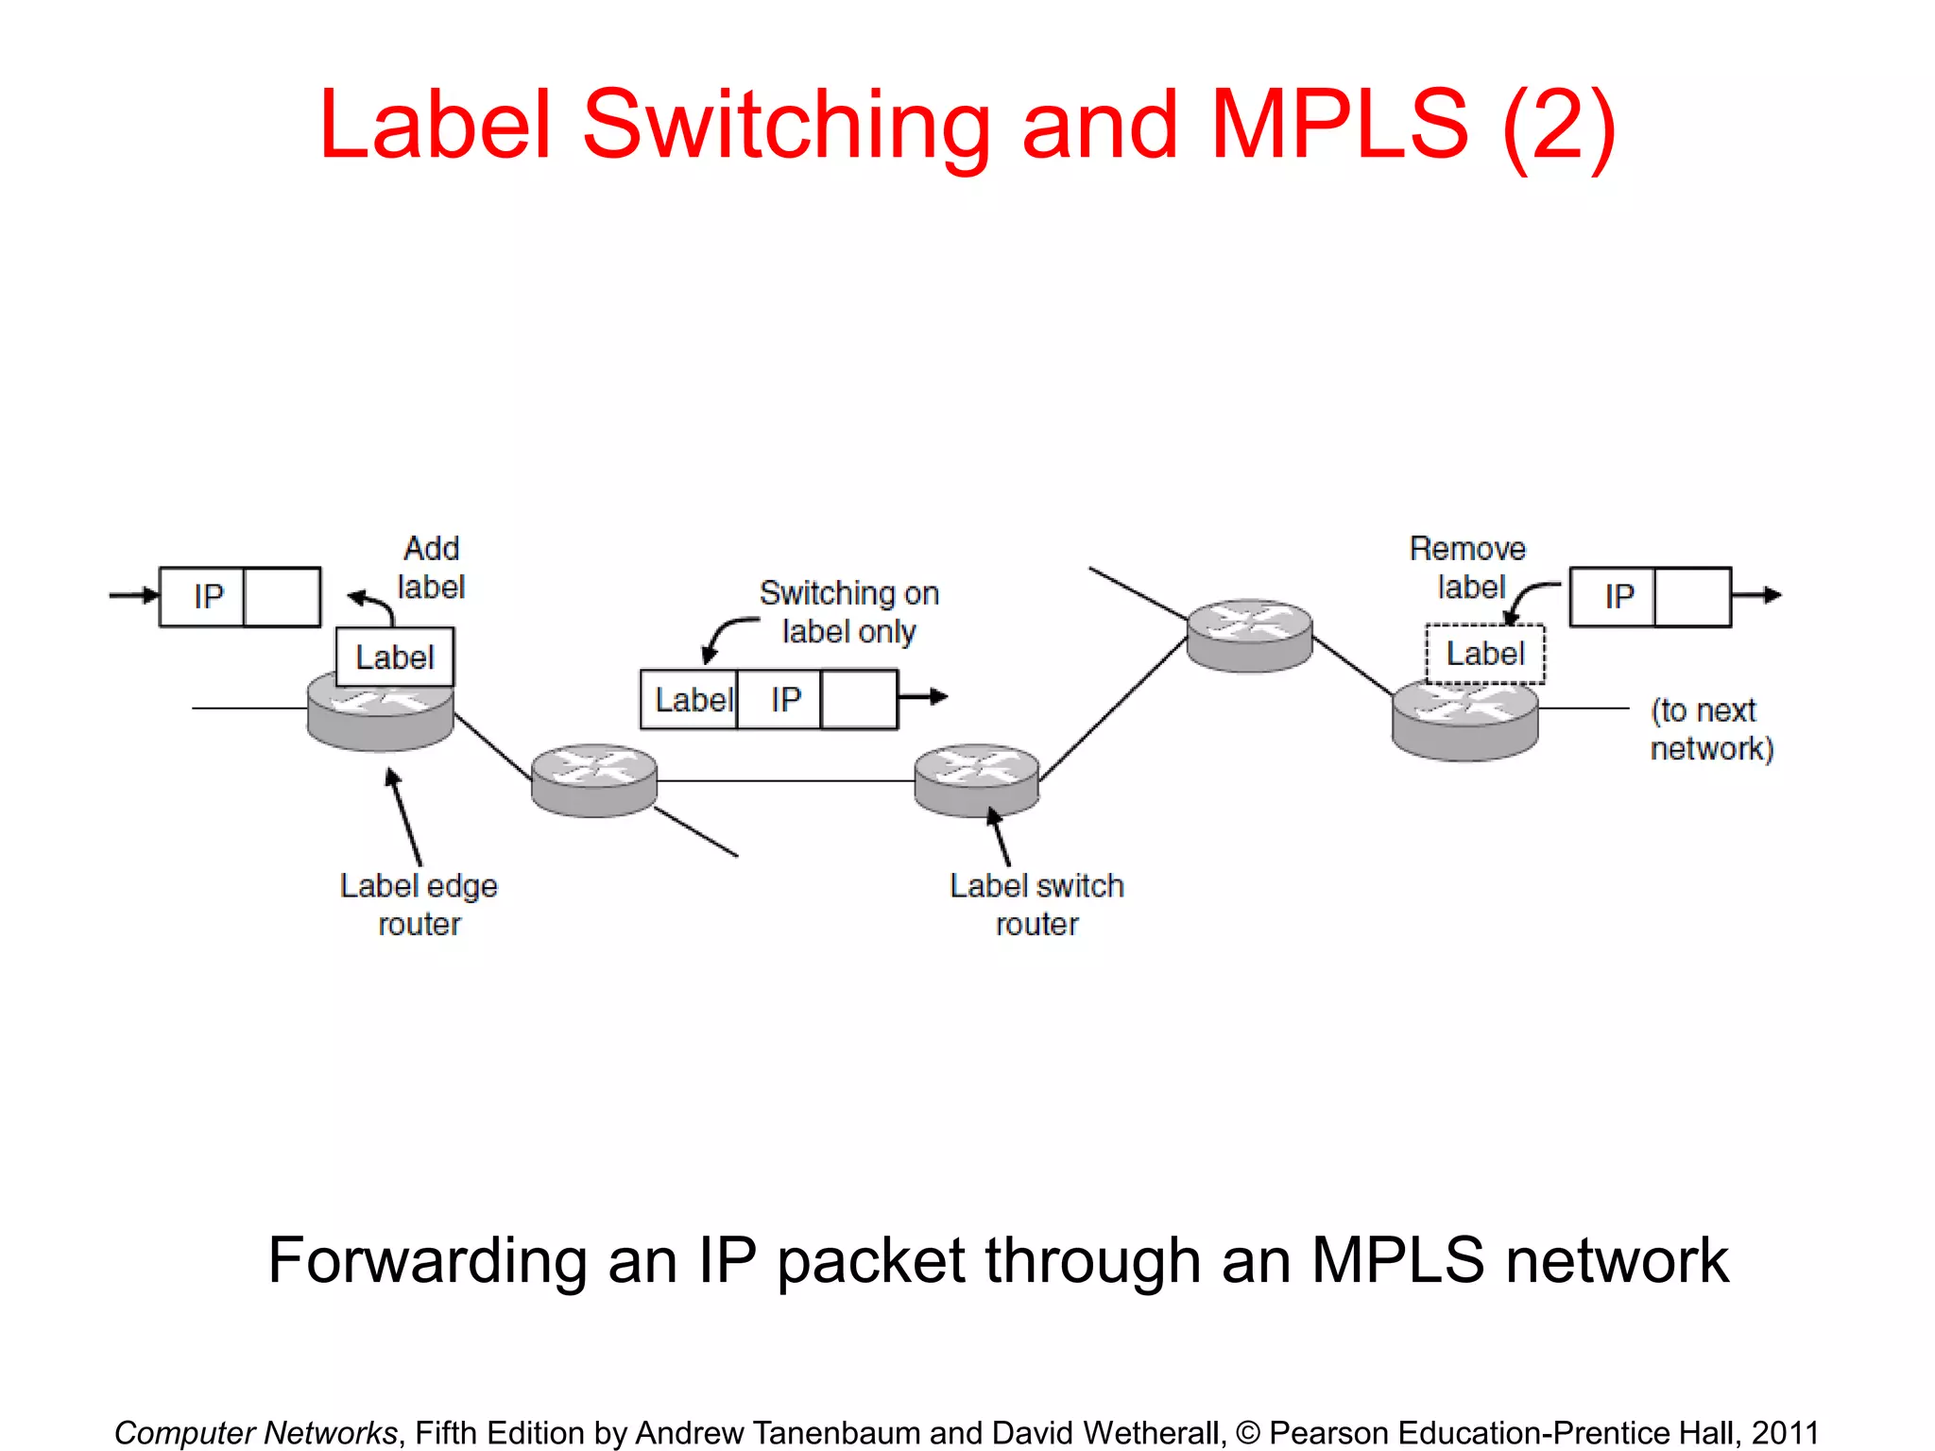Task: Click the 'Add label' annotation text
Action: click(431, 568)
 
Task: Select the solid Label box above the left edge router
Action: click(395, 657)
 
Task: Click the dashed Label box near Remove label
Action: click(1484, 654)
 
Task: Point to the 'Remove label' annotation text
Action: click(1467, 568)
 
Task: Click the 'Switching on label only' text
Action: click(848, 612)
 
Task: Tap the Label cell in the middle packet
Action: click(691, 700)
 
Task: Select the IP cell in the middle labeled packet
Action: click(784, 700)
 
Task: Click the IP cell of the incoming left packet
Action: click(208, 597)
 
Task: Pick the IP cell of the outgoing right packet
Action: click(1618, 597)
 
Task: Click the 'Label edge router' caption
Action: click(419, 904)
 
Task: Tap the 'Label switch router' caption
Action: click(1036, 904)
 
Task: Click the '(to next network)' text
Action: click(1711, 729)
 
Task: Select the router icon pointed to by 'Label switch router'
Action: click(976, 779)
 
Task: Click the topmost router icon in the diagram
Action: click(1249, 635)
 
